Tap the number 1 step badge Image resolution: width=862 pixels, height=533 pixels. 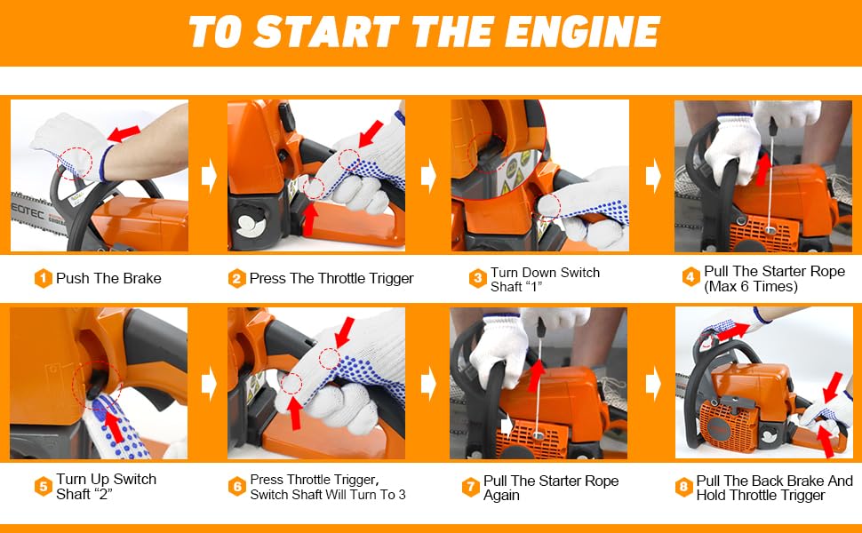(44, 279)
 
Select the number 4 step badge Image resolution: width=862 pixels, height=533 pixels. (691, 278)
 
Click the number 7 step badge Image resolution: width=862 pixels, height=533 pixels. (471, 488)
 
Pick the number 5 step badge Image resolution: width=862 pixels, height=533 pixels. (44, 487)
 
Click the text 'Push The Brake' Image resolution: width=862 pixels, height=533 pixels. (108, 279)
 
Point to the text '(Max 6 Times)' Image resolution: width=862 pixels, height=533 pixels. (750, 287)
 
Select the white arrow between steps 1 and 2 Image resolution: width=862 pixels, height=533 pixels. (209, 175)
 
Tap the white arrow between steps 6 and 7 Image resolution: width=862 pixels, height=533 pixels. (428, 384)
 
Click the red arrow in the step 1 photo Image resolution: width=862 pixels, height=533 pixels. (124, 134)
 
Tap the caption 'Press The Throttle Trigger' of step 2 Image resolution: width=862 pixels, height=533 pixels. (331, 279)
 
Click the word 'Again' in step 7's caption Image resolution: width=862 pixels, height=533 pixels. (502, 495)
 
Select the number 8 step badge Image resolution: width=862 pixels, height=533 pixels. (683, 488)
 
